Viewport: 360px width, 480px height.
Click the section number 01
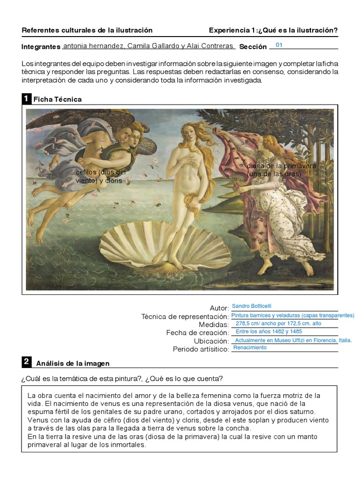pyautogui.click(x=279, y=45)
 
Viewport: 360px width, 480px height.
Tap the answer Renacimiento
pyautogui.click(x=250, y=348)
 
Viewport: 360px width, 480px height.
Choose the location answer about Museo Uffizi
pyautogui.click(x=293, y=340)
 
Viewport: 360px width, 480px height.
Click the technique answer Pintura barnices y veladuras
pyautogui.click(x=292, y=315)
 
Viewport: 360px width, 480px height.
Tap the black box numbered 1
pyautogui.click(x=26, y=99)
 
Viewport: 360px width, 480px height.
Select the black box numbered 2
pyautogui.click(x=26, y=362)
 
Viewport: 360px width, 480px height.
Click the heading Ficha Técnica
pyautogui.click(x=58, y=99)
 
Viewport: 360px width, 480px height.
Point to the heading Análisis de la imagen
pyautogui.click(x=73, y=363)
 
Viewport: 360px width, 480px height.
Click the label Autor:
pyautogui.click(x=219, y=308)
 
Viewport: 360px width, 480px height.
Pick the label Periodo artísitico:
pyautogui.click(x=201, y=349)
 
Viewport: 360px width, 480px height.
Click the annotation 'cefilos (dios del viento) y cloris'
pyautogui.click(x=100, y=176)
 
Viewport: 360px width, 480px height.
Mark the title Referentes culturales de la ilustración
pyautogui.click(x=87, y=30)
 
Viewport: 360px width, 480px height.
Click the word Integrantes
pyautogui.click(x=41, y=47)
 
